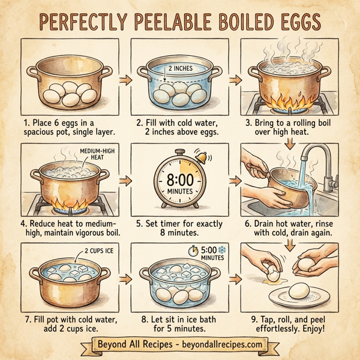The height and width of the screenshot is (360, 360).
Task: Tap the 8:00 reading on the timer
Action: (x=179, y=179)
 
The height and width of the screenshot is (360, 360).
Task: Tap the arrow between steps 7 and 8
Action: (x=125, y=278)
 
